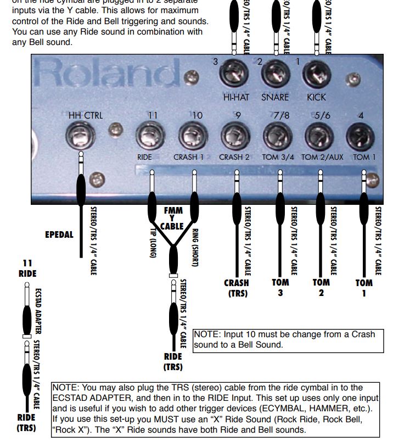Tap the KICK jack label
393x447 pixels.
(x=316, y=97)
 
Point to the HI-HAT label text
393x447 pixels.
(x=236, y=97)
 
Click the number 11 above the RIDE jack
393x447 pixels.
(x=153, y=115)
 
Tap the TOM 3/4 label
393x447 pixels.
(x=278, y=157)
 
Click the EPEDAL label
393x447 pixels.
(x=59, y=234)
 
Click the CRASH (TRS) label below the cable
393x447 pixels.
(x=236, y=288)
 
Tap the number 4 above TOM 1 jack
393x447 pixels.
(x=360, y=115)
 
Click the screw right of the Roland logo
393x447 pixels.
(x=190, y=76)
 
